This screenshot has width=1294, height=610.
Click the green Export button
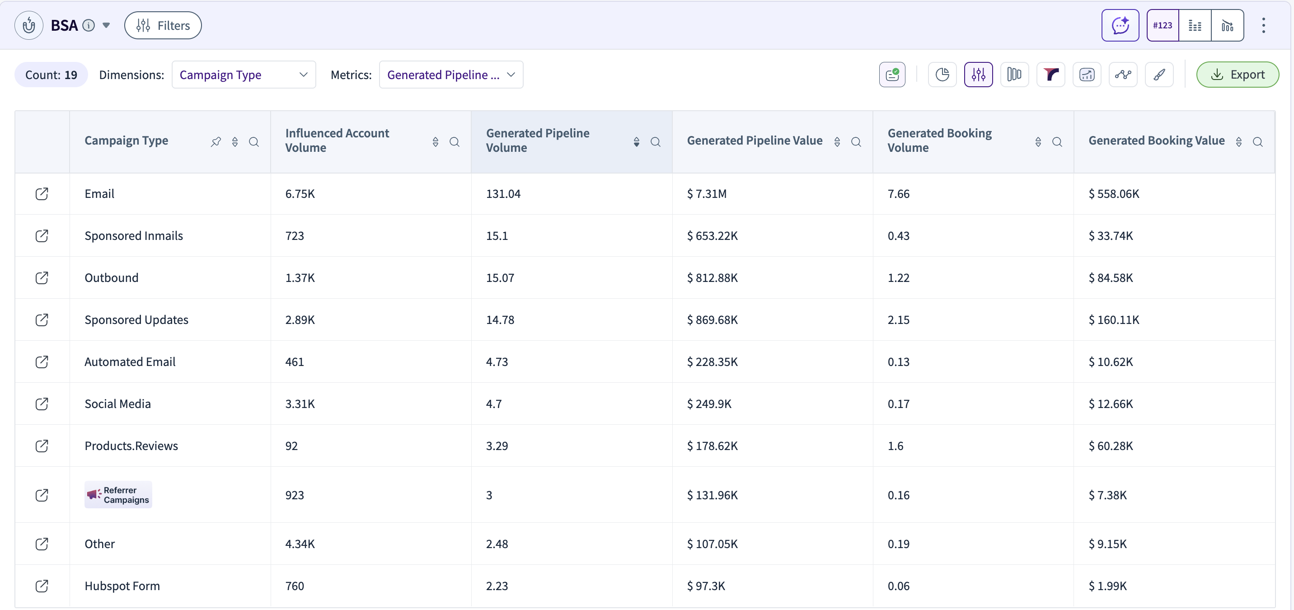(1237, 75)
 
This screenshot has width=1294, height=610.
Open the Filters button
(163, 25)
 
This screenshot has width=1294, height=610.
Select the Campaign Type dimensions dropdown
(244, 75)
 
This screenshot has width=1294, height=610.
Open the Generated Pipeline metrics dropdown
(451, 75)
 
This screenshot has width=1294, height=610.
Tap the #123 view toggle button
(1163, 25)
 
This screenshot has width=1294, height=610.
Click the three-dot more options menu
(1263, 25)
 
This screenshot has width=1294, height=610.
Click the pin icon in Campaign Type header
(216, 142)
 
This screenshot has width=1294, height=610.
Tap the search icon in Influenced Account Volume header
(454, 142)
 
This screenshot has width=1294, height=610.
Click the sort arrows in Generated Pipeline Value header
(837, 142)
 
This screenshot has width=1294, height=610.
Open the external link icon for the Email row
(42, 193)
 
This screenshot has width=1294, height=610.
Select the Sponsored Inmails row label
(134, 236)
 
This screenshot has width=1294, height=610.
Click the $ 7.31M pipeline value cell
(706, 193)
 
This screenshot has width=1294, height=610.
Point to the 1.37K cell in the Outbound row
(300, 277)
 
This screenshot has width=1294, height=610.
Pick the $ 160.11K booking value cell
(1114, 319)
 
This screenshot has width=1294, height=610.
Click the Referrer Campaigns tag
(118, 494)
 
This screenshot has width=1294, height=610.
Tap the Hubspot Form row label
(122, 586)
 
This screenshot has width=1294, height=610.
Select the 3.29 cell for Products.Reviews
(497, 446)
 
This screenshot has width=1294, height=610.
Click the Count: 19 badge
(51, 75)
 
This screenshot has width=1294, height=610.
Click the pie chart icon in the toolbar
(942, 75)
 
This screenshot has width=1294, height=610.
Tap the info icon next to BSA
(89, 25)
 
